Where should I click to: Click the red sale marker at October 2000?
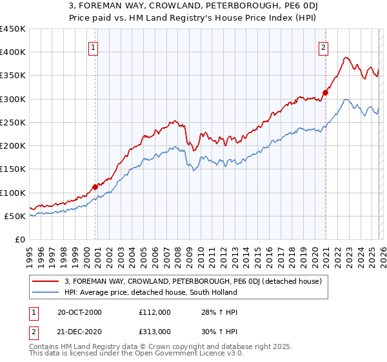95,187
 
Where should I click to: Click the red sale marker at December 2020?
325,92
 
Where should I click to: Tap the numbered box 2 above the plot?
322,47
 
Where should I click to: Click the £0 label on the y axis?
21,239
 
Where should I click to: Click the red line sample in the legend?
46,281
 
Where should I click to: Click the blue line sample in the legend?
46,292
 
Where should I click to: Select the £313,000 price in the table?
154,331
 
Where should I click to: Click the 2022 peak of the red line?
346,58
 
